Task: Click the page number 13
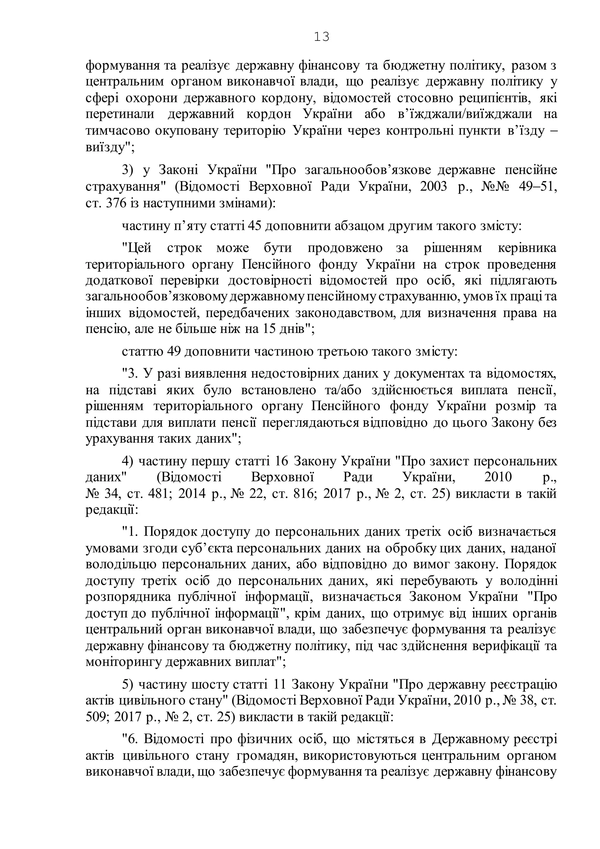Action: (x=321, y=37)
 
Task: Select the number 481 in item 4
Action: (x=161, y=494)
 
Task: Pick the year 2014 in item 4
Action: (x=191, y=494)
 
